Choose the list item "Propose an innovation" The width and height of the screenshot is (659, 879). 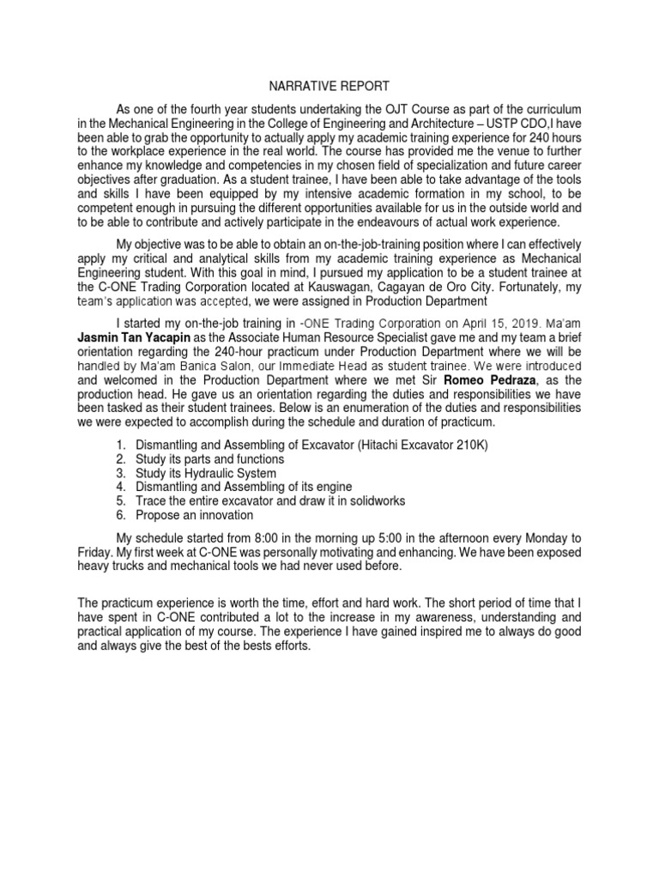click(195, 515)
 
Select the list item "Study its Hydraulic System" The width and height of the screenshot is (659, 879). click(207, 474)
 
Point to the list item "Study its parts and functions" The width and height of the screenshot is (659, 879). click(210, 459)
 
